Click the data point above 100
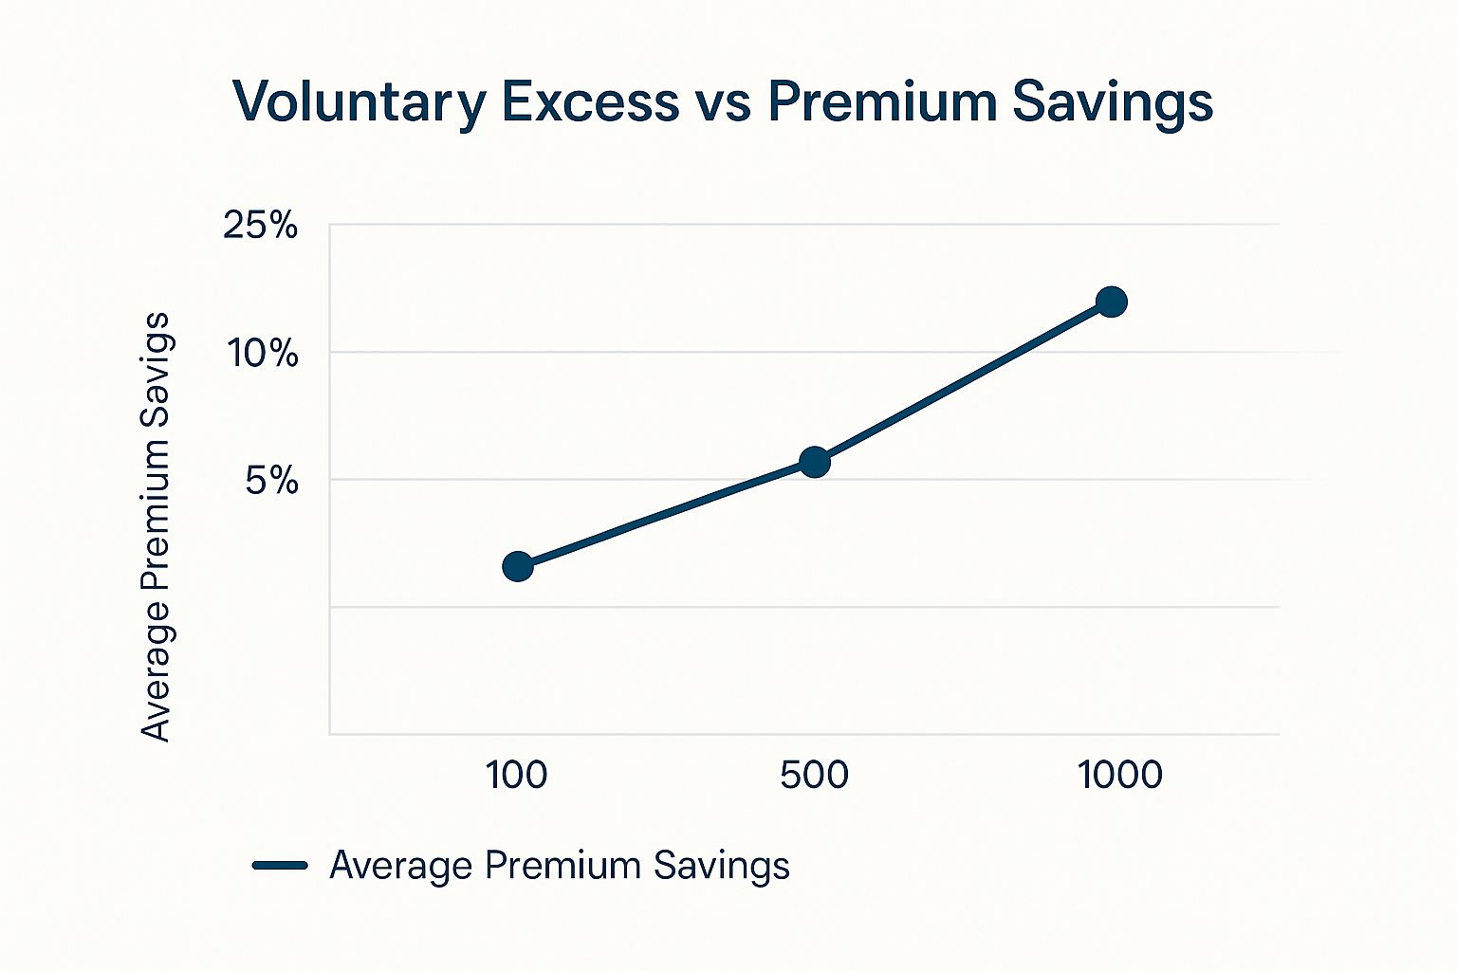click(517, 567)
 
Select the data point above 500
click(814, 463)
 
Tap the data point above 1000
click(1111, 302)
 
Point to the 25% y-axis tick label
click(260, 226)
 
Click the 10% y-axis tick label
click(263, 354)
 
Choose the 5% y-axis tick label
click(271, 481)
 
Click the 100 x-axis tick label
click(516, 775)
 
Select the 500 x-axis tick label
click(814, 775)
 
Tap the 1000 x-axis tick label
click(1119, 775)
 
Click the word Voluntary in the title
click(360, 102)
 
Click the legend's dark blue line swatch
click(280, 865)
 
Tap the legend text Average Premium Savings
click(560, 866)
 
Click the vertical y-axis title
click(155, 526)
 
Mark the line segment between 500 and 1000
click(963, 382)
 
